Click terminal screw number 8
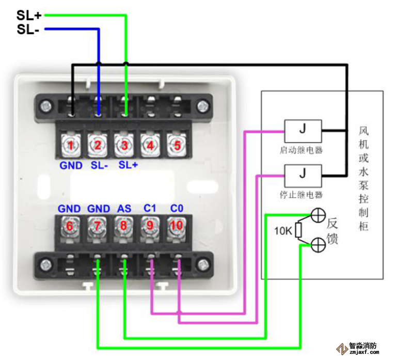tap(123, 226)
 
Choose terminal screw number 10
tap(177, 226)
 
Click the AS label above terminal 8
tap(124, 209)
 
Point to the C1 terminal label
tap(150, 208)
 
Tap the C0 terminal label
tap(177, 208)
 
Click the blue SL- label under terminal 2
tap(99, 165)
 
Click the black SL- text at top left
tap(28, 29)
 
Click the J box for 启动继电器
tap(303, 128)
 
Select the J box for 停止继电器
tap(303, 173)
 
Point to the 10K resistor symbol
tap(298, 230)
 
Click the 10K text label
tap(282, 230)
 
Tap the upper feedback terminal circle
tap(318, 215)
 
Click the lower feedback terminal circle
tap(318, 245)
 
